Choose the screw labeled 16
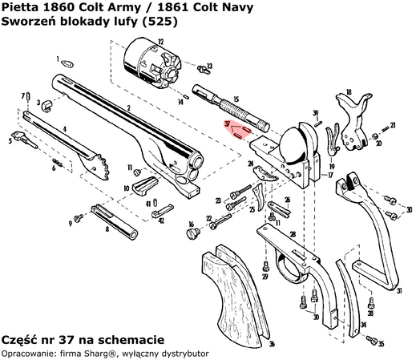(x=192, y=233)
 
